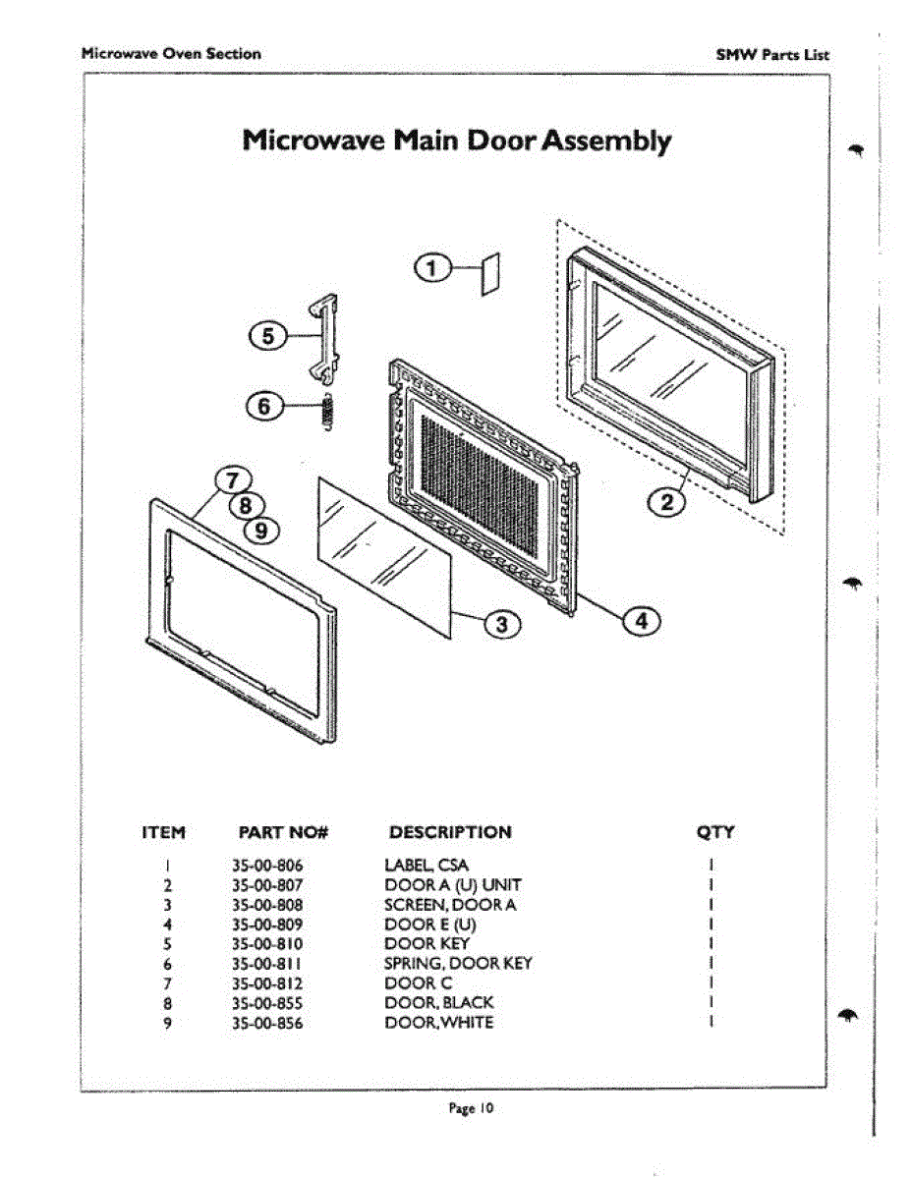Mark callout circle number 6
click(265, 405)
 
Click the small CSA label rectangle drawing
click(490, 273)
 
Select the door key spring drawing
click(328, 409)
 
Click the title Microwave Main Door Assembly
click(457, 140)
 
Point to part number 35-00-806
click(267, 866)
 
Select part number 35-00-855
click(267, 1003)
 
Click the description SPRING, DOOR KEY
click(458, 964)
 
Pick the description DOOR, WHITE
click(438, 1023)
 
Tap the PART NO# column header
click(283, 833)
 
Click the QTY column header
click(714, 832)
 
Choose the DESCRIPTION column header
click(450, 832)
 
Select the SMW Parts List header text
click(772, 55)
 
